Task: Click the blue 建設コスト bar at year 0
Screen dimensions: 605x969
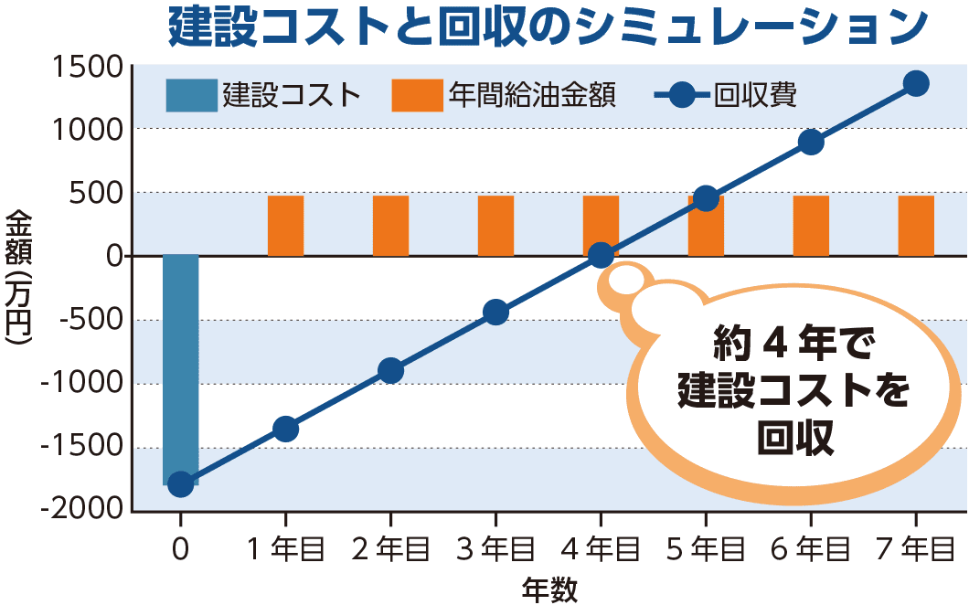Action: click(181, 366)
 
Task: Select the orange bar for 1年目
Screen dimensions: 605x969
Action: click(285, 226)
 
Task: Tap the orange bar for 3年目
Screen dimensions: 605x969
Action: click(495, 226)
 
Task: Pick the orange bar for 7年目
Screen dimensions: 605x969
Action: click(916, 226)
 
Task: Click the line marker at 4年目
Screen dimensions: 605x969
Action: click(601, 255)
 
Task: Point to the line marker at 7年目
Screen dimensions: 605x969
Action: click(916, 83)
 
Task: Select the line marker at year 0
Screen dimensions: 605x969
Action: click(181, 483)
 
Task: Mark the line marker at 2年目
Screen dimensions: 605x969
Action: click(390, 370)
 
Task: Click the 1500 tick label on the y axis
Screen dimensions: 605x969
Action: click(87, 67)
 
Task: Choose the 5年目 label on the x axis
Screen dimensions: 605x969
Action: click(706, 548)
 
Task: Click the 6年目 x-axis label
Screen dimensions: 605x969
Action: click(811, 548)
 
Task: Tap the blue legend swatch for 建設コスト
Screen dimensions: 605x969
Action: click(191, 95)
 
